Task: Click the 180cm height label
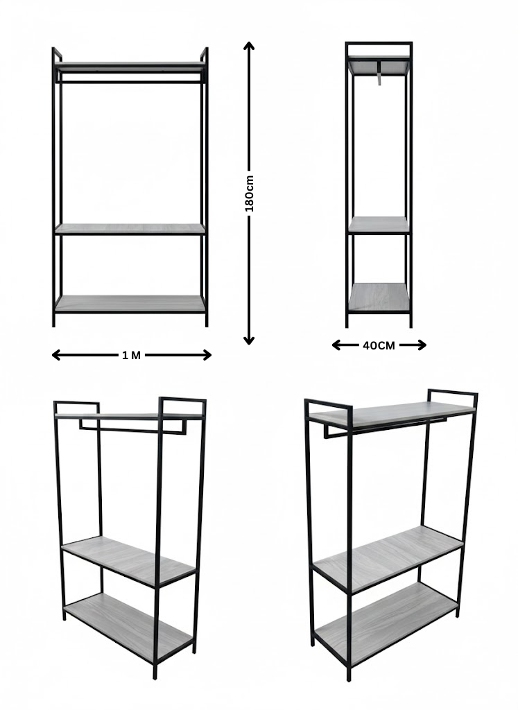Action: point(249,193)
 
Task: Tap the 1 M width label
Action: point(131,356)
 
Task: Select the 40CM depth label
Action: point(379,345)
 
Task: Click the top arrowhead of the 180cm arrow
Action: point(248,45)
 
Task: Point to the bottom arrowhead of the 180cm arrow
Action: point(248,340)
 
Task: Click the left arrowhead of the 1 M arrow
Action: point(56,355)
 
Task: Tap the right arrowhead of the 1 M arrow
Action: point(207,355)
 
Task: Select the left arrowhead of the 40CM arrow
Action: point(336,345)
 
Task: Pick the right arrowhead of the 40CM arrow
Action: point(422,345)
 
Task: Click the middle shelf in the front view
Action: point(130,229)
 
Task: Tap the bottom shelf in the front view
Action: point(130,304)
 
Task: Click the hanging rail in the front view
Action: point(130,82)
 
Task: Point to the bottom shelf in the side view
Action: point(379,297)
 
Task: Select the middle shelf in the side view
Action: point(379,225)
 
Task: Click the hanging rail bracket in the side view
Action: point(379,72)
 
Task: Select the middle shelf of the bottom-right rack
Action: point(388,560)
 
